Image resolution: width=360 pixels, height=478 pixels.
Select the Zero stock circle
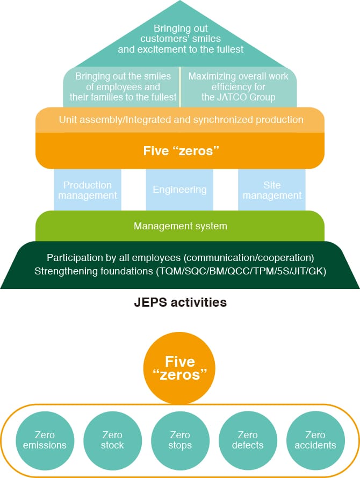point(112,440)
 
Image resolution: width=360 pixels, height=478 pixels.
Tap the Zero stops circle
point(180,440)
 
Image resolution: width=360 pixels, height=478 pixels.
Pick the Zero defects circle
point(248,440)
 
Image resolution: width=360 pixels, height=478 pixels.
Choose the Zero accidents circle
point(315,440)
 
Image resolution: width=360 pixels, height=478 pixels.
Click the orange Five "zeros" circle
point(180,367)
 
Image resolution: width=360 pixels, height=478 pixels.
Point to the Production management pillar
point(88,190)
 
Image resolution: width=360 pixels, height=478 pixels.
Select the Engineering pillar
point(179,190)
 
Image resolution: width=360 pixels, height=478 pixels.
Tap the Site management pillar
point(272,190)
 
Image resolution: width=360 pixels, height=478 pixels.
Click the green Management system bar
point(180,226)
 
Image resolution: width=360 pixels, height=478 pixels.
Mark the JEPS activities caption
point(180,303)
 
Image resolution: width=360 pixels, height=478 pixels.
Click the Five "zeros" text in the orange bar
point(180,151)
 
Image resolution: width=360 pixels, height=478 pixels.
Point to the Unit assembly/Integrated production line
point(180,120)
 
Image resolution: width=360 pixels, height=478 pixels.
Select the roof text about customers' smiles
point(181,39)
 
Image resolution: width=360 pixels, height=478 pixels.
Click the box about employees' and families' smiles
point(123,87)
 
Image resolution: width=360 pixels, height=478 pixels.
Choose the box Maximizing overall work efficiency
point(238,87)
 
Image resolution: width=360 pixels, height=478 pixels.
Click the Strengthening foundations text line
point(180,271)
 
